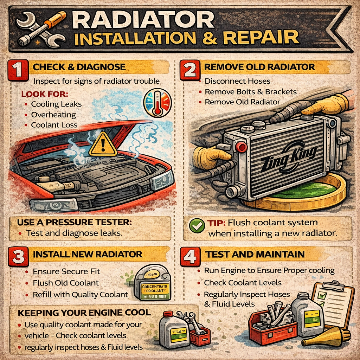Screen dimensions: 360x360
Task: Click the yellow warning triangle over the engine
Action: point(102,145)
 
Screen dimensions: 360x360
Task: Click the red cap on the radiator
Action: point(241,146)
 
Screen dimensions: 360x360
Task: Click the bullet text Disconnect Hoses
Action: point(237,81)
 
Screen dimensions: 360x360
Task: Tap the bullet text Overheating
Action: point(53,115)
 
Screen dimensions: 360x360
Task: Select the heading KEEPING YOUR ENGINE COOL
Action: point(85,313)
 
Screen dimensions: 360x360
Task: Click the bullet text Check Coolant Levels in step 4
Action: point(243,283)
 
